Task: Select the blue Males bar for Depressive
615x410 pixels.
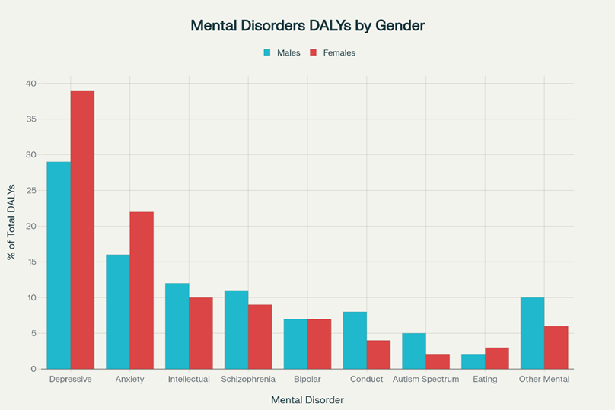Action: [59, 265]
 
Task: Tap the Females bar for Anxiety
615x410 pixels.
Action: [142, 290]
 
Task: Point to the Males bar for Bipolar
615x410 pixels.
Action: [295, 344]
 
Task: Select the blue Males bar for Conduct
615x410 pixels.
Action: [355, 340]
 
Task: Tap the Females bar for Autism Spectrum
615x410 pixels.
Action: [438, 361]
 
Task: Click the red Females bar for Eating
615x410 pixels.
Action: [497, 358]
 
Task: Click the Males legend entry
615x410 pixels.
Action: [282, 52]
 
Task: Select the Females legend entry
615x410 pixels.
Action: [333, 52]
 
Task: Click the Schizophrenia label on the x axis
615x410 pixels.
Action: [248, 379]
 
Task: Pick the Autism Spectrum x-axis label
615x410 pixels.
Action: [426, 379]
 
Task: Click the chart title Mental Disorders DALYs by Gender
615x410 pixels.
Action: [307, 25]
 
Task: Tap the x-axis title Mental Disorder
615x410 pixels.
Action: [307, 399]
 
